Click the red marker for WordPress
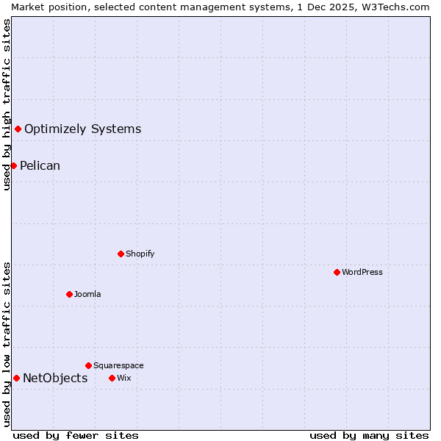[337, 272]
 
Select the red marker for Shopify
[121, 254]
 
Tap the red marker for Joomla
[69, 294]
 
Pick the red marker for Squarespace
[88, 365]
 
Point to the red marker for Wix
[112, 378]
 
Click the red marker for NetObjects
[16, 378]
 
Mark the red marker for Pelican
[13, 165]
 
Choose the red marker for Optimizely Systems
[18, 129]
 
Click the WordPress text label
[362, 272]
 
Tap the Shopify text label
[140, 254]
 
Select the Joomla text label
[87, 294]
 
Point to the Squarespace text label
[118, 365]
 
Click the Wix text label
[123, 378]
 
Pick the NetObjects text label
[55, 379]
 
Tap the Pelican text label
[40, 166]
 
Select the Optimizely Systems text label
[82, 129]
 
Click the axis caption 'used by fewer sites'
[76, 435]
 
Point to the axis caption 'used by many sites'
[369, 435]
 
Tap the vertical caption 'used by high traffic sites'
[7, 104]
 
